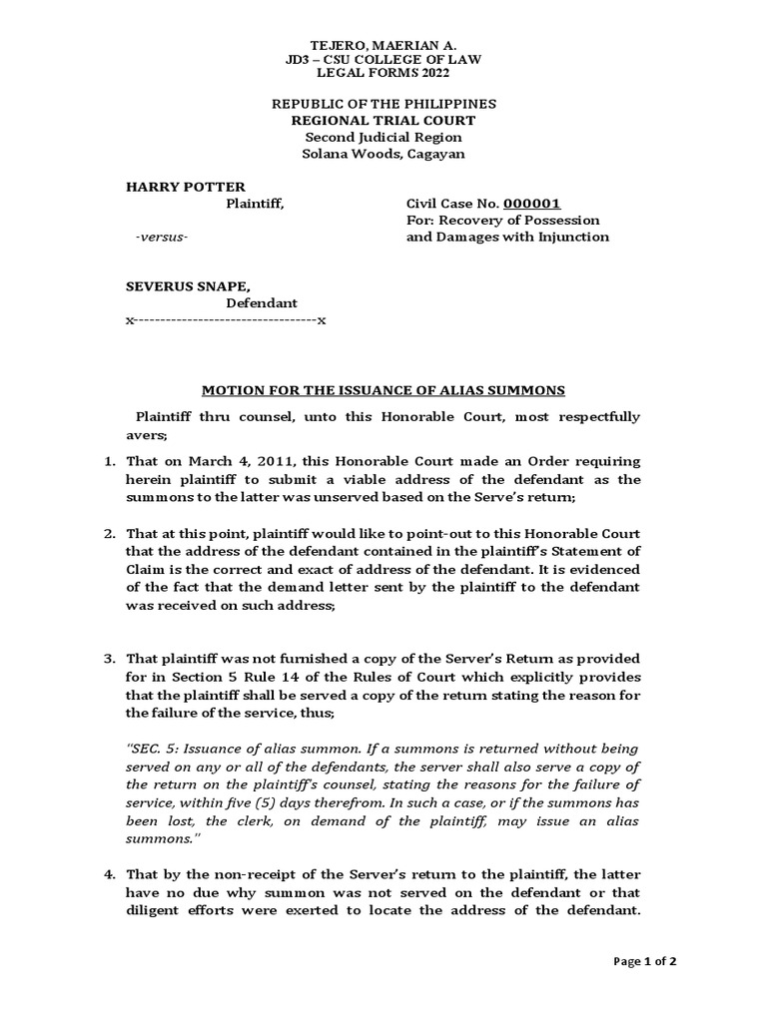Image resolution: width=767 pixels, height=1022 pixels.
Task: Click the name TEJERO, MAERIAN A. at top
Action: tap(384, 44)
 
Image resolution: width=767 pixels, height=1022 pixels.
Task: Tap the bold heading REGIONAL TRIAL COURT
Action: tap(383, 121)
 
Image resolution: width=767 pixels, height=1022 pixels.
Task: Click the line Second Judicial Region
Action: tap(383, 137)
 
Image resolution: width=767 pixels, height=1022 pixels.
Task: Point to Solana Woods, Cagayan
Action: tap(383, 154)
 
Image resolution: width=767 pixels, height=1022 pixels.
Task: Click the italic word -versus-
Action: tap(161, 237)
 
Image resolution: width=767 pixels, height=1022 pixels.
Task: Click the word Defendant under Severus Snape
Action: tap(261, 302)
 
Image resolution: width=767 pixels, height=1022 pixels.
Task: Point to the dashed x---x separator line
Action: tap(225, 320)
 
